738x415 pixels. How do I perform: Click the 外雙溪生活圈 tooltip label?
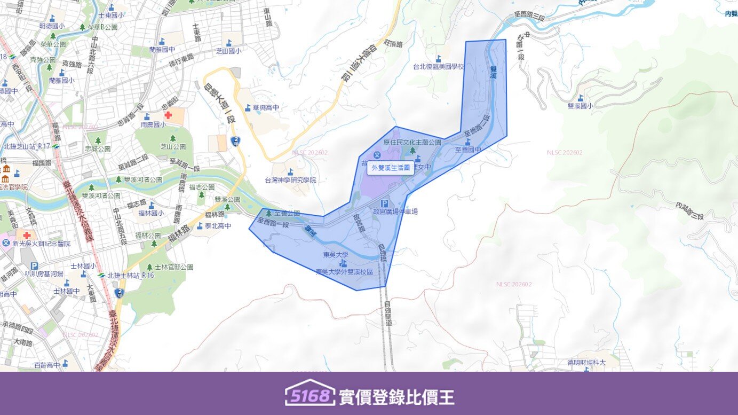(x=390, y=168)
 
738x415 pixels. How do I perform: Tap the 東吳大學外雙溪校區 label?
(x=344, y=271)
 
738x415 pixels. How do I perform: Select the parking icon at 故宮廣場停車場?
(x=384, y=203)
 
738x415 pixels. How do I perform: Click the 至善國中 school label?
(x=468, y=150)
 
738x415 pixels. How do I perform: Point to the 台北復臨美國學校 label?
(x=439, y=67)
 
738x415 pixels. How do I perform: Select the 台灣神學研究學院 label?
(x=290, y=180)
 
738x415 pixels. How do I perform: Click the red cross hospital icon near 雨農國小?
(x=168, y=115)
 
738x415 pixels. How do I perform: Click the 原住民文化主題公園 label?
(x=412, y=143)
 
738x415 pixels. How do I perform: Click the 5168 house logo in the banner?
(x=310, y=393)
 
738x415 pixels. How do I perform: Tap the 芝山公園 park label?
(x=173, y=146)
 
